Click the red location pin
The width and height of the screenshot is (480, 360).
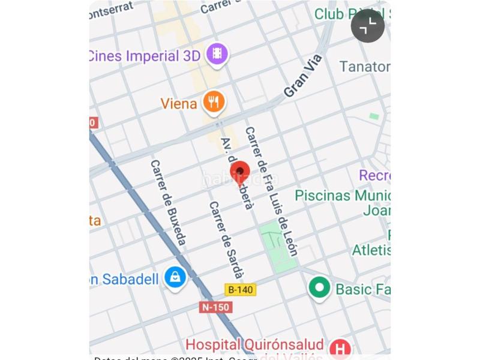click(240, 173)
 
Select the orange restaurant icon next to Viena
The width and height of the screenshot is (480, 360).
click(214, 103)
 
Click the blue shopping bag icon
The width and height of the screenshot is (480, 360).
click(175, 278)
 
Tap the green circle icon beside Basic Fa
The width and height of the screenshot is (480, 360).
click(319, 288)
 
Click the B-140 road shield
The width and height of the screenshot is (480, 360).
click(240, 290)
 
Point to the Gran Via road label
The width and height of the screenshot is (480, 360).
click(303, 76)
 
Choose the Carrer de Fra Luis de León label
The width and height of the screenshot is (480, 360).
click(271, 191)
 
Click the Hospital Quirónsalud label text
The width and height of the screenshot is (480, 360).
click(254, 345)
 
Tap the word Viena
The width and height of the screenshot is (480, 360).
click(179, 104)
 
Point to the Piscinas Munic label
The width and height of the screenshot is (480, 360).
click(342, 196)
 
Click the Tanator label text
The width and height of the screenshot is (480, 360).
click(364, 67)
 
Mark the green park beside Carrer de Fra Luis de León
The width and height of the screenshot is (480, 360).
click(277, 245)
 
